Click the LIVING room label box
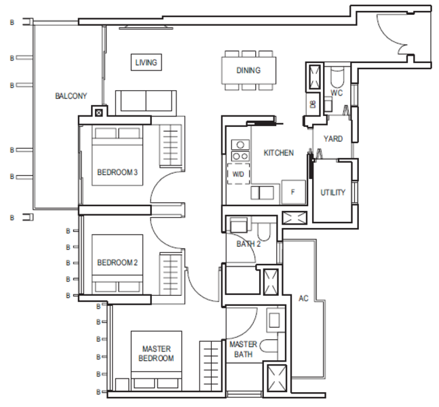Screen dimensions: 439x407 [146, 62]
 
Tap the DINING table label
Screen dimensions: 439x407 [248, 71]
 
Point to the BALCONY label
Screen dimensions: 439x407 [71, 96]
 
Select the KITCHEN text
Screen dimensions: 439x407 [279, 153]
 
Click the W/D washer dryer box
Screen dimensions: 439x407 [238, 174]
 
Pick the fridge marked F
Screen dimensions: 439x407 [293, 192]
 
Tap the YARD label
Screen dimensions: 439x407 [333, 138]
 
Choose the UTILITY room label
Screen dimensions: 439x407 [332, 192]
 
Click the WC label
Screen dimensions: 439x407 [337, 93]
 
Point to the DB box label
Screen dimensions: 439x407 [313, 104]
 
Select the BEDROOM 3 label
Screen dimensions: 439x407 [117, 172]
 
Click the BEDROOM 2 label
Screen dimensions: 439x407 [117, 263]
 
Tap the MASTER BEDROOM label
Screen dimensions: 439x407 [156, 353]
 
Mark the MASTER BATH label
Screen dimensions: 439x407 [244, 349]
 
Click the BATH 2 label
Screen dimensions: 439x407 [248, 244]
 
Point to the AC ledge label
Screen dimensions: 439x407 [303, 298]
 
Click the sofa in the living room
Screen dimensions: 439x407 [146, 103]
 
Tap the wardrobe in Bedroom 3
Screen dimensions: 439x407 [170, 146]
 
